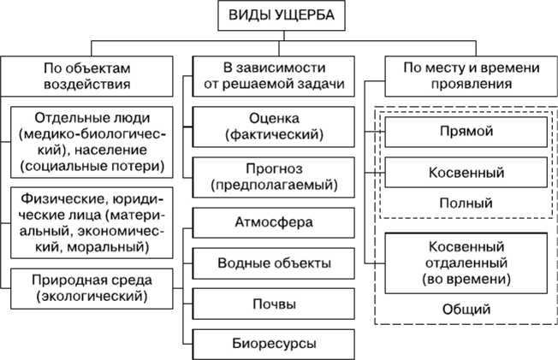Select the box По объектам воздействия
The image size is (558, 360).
pos(89,76)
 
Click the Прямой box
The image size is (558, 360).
pos(466,133)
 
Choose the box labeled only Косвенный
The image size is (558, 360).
pos(466,173)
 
